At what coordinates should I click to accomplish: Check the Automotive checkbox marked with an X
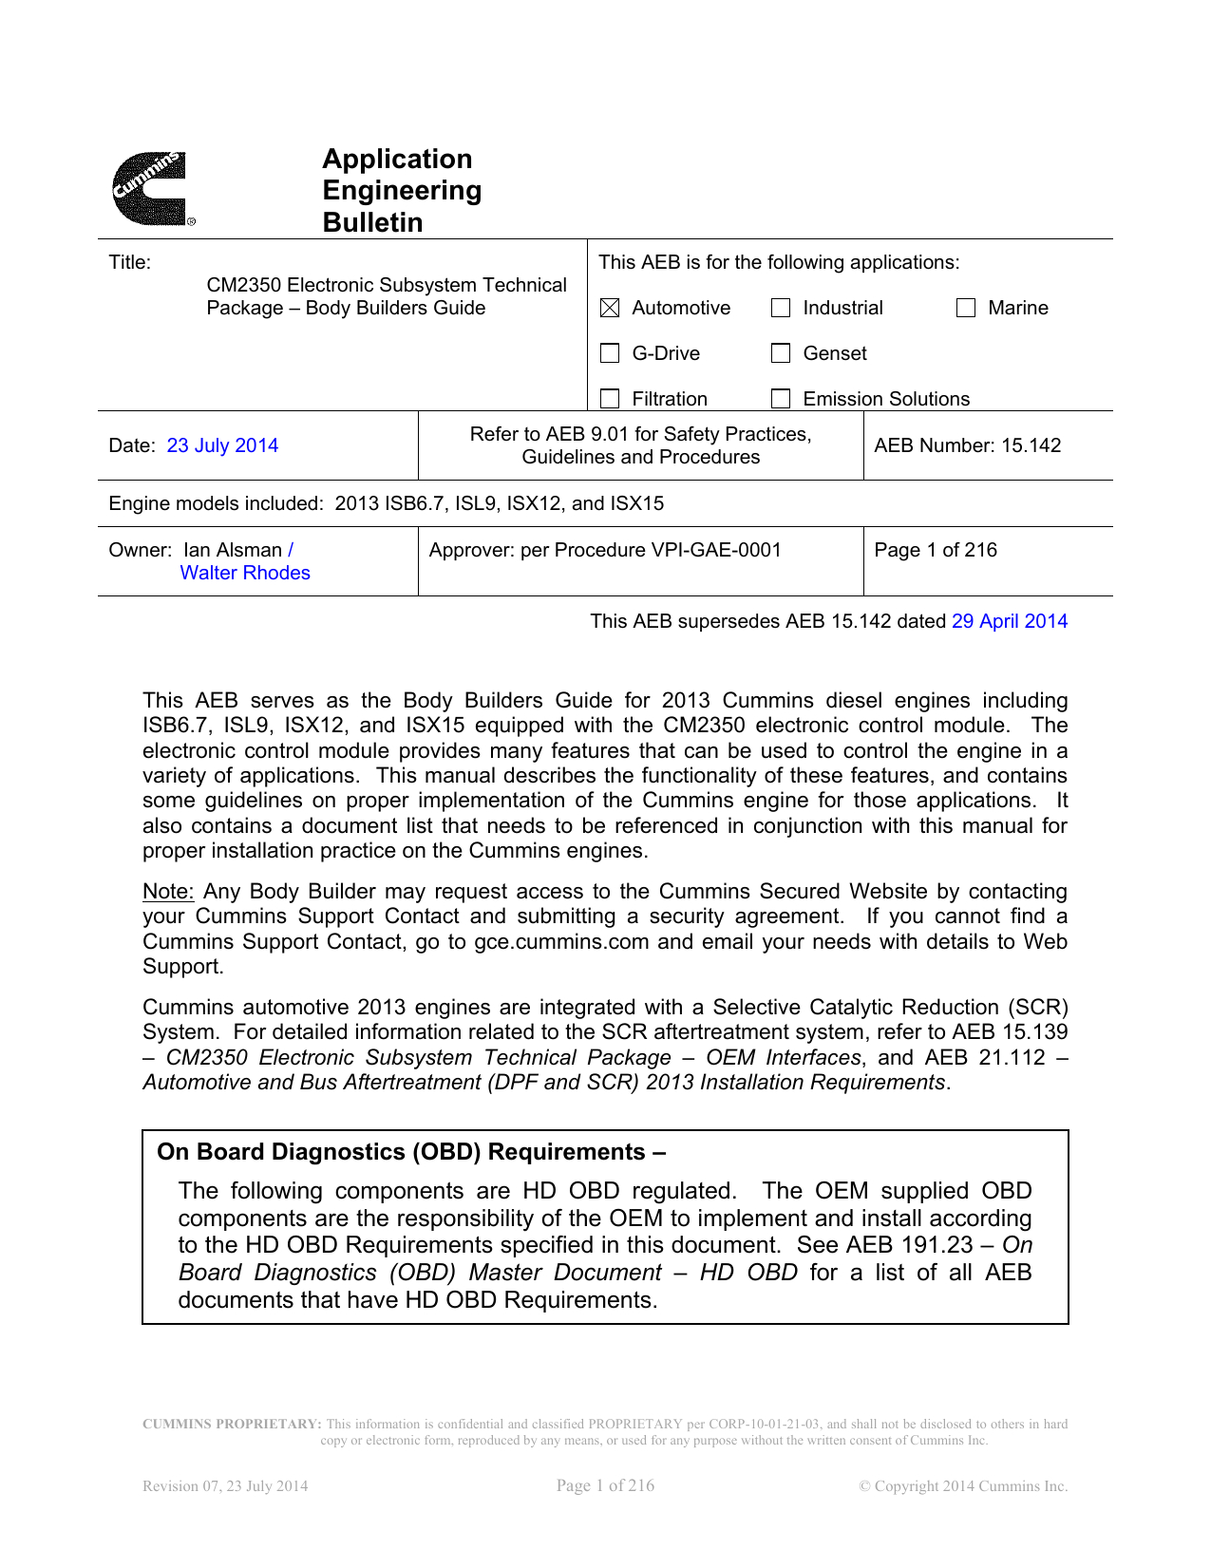coord(610,308)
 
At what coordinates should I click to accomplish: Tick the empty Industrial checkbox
coord(781,308)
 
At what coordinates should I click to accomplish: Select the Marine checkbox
coord(966,308)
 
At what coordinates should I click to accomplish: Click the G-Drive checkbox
coord(610,353)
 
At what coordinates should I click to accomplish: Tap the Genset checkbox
coord(781,353)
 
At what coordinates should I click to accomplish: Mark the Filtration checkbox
coord(610,398)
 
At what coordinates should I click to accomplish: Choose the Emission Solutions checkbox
coord(781,398)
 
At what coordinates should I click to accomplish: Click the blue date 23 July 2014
coord(222,445)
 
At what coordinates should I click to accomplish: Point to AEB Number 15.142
coord(967,445)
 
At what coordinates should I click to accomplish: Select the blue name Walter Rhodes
coord(245,573)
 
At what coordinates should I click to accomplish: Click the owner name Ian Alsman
coord(233,550)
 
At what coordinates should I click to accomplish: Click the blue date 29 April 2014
coord(1010,621)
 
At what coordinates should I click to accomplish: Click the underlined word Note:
coord(168,892)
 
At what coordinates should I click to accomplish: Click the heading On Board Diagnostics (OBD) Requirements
coord(410,1152)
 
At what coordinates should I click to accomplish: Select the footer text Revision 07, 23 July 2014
coord(225,1486)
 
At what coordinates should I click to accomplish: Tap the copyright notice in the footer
coord(963,1486)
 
